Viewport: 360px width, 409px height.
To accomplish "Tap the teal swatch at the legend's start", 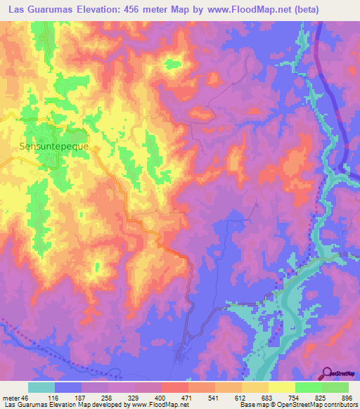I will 41,387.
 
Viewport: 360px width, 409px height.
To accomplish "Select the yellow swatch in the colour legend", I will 282,387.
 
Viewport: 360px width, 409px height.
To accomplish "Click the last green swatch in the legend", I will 335,387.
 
